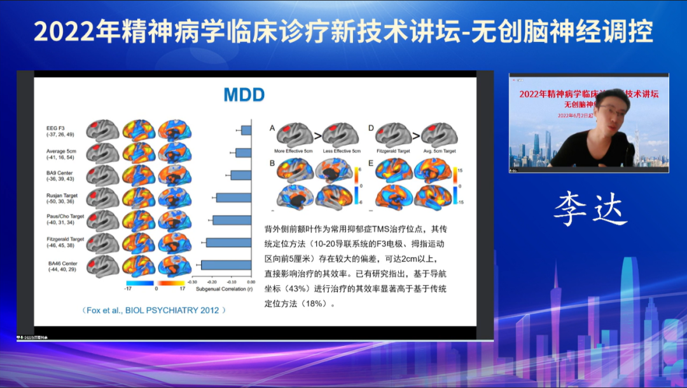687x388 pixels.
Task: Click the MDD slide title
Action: point(244,95)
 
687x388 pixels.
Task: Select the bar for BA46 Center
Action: point(226,265)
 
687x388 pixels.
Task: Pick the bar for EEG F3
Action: point(246,130)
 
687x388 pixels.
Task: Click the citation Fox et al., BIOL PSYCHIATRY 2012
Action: point(154,310)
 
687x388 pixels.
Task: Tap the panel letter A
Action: point(272,128)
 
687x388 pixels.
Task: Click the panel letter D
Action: point(371,128)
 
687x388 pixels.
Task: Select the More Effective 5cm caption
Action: point(293,151)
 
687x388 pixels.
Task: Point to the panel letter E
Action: point(371,163)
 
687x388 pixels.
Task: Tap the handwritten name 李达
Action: point(590,210)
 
